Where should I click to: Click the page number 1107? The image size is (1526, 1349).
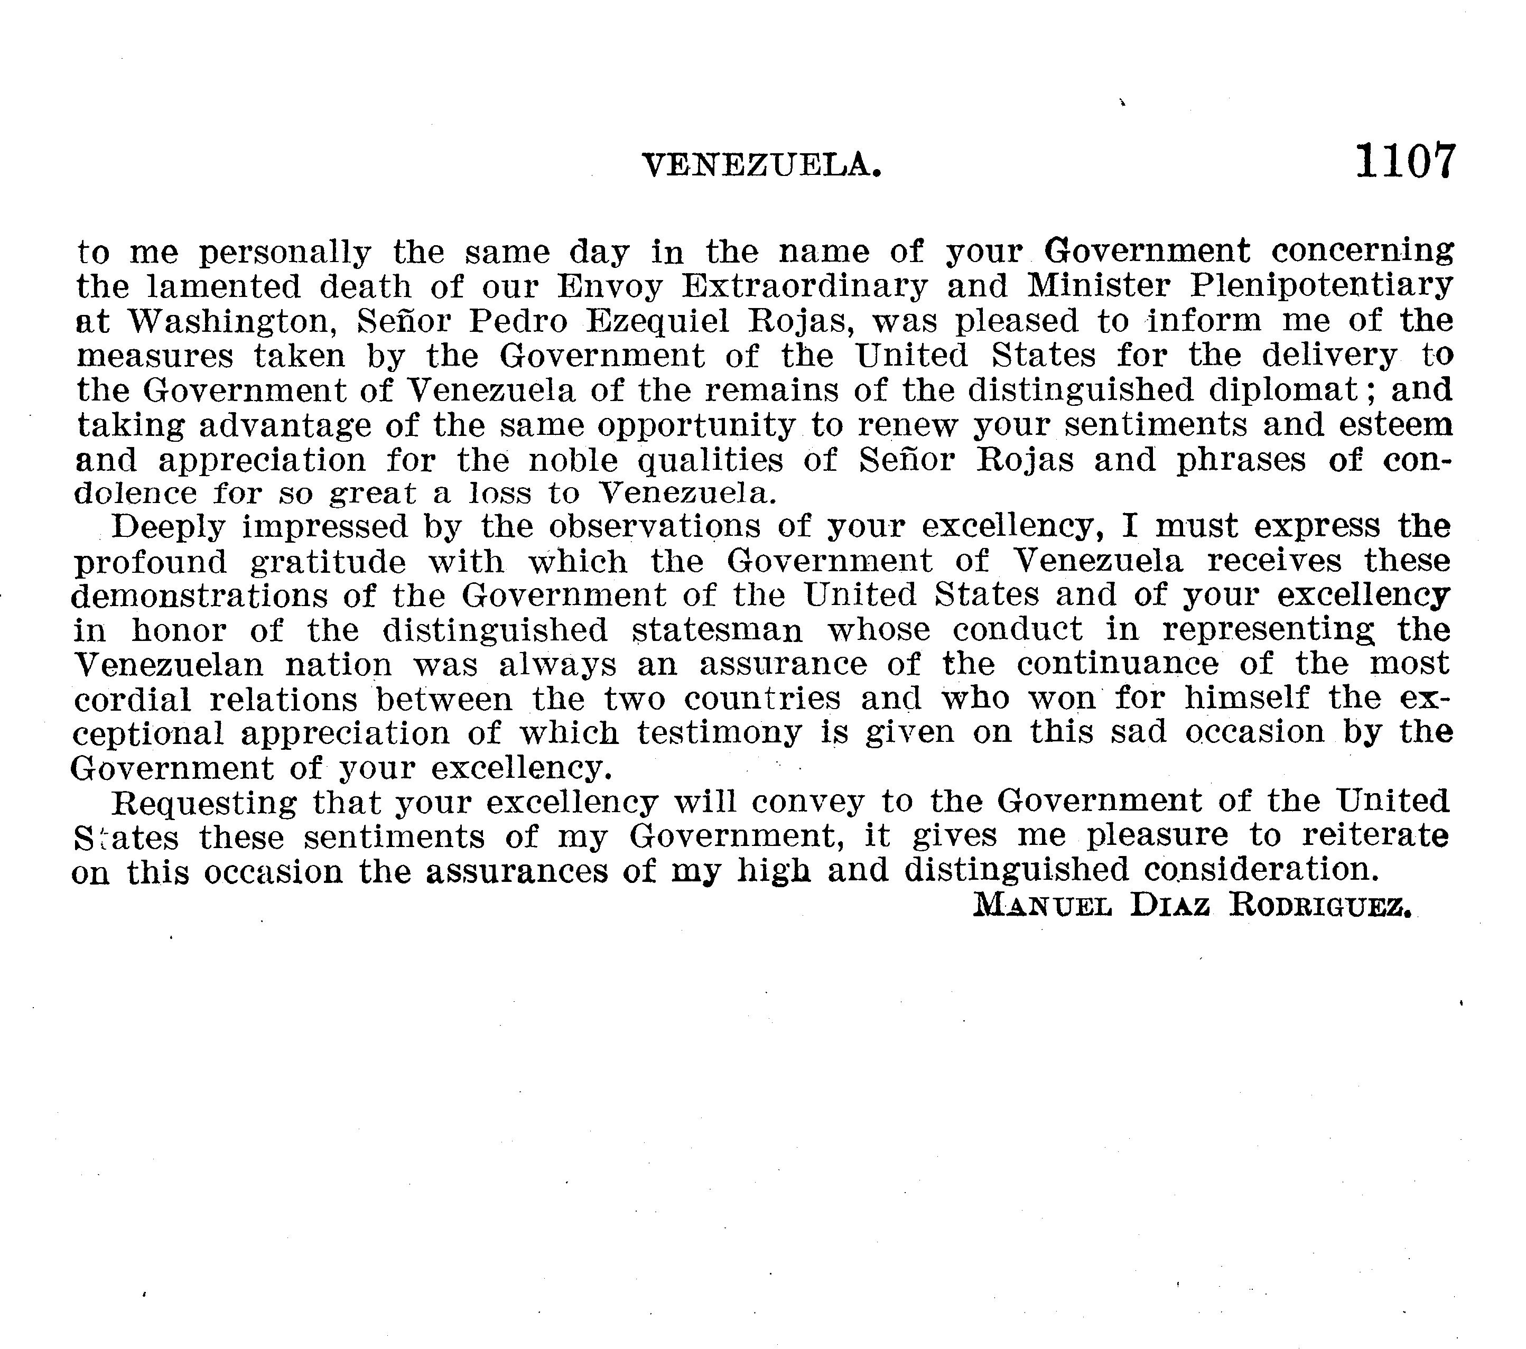(x=1404, y=161)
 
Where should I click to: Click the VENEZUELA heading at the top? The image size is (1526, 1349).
(x=761, y=165)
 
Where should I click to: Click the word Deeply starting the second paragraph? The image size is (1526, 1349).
(x=168, y=527)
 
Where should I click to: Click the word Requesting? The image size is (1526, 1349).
(x=203, y=803)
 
